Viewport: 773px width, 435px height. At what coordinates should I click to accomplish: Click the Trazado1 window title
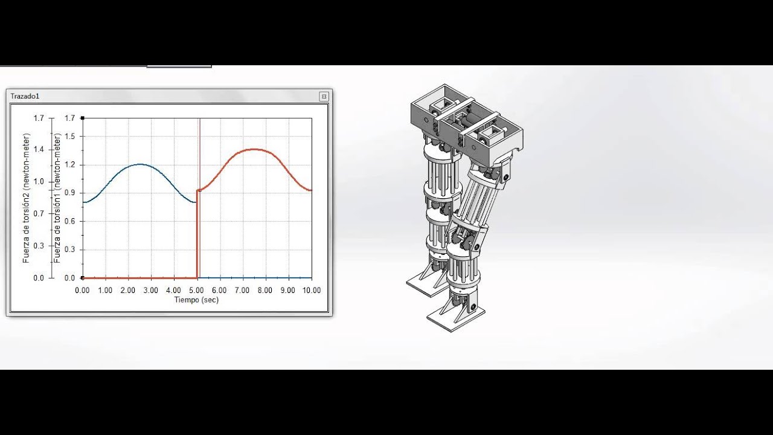click(25, 96)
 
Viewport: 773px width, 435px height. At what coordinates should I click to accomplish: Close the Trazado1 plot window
click(324, 96)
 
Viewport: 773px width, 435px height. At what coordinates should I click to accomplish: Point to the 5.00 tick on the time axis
click(196, 291)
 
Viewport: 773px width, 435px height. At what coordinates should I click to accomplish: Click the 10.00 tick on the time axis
click(311, 291)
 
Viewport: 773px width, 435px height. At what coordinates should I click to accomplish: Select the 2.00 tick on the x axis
click(127, 291)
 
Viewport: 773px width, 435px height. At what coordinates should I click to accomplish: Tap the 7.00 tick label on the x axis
click(242, 291)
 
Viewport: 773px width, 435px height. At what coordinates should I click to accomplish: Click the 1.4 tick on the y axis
click(39, 150)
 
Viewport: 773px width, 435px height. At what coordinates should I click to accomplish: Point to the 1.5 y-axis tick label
click(70, 137)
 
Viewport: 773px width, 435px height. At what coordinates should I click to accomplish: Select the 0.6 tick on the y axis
click(70, 221)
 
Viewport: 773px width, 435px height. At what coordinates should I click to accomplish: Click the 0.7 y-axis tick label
click(39, 214)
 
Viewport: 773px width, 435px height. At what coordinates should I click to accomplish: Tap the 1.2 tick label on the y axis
click(70, 165)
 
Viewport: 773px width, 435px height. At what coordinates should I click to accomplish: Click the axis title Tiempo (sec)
click(196, 300)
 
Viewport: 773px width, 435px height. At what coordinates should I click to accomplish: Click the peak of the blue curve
click(140, 164)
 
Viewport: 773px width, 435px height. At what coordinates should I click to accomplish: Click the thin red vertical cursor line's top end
click(199, 119)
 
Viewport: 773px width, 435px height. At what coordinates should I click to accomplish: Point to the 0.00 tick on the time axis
click(82, 291)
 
